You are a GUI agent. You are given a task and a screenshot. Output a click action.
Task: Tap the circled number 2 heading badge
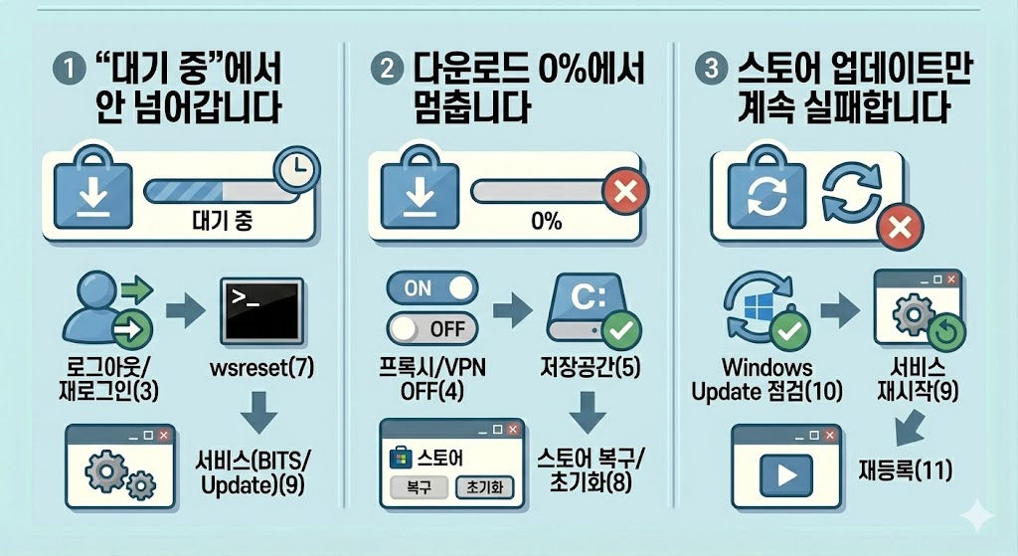[x=383, y=73]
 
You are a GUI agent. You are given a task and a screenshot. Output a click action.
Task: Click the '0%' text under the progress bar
[x=547, y=220]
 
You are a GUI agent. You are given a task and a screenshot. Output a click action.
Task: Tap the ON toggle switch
[x=430, y=287]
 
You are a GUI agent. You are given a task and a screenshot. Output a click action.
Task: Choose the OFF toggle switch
[x=430, y=327]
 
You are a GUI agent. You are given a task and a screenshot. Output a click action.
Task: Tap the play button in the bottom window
[x=785, y=475]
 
